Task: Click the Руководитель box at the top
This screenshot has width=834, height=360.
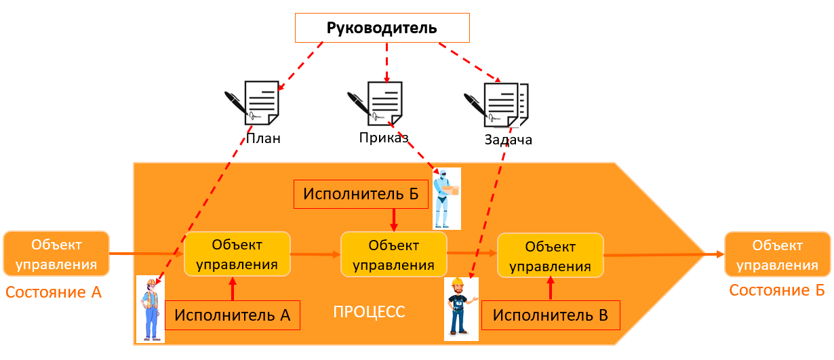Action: click(382, 28)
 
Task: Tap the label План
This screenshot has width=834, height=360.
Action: click(263, 139)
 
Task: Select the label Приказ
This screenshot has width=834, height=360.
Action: click(384, 138)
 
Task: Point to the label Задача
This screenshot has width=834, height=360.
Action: click(508, 140)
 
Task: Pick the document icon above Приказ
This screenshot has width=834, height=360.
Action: click(376, 104)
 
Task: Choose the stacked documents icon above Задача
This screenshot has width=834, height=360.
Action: click(496, 104)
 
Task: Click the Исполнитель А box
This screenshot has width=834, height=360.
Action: click(232, 315)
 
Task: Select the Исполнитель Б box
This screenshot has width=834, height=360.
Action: click(361, 194)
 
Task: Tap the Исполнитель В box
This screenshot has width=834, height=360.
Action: click(550, 315)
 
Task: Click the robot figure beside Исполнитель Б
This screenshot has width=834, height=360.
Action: click(447, 198)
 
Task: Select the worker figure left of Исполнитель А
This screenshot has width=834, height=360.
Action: click(150, 308)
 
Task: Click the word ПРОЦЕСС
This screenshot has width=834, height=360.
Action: click(369, 313)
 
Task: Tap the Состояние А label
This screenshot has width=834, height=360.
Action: click(54, 293)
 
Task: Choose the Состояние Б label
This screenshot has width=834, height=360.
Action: click(776, 290)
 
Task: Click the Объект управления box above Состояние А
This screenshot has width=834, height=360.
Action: click(56, 254)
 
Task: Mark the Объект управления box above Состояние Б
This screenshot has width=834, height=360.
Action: click(777, 254)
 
